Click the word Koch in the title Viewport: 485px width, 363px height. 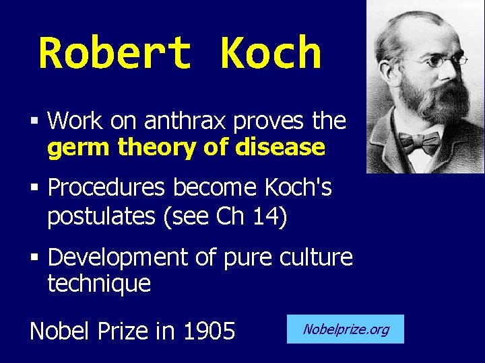point(270,54)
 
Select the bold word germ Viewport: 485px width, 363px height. point(79,147)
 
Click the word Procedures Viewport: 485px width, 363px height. point(106,189)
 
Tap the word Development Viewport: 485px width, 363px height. point(118,257)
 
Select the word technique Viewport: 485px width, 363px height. point(99,284)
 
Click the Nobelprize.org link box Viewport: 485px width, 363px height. point(346,329)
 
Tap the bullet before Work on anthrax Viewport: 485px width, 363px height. point(34,122)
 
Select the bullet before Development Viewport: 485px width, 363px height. point(34,257)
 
